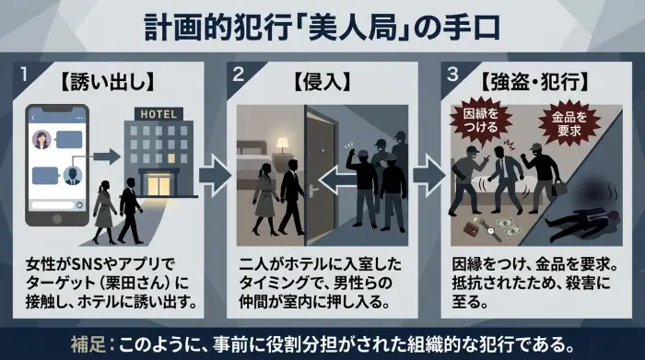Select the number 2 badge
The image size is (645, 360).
pos(238,75)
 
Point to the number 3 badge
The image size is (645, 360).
pos(452,75)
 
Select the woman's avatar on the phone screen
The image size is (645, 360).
pos(42,139)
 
